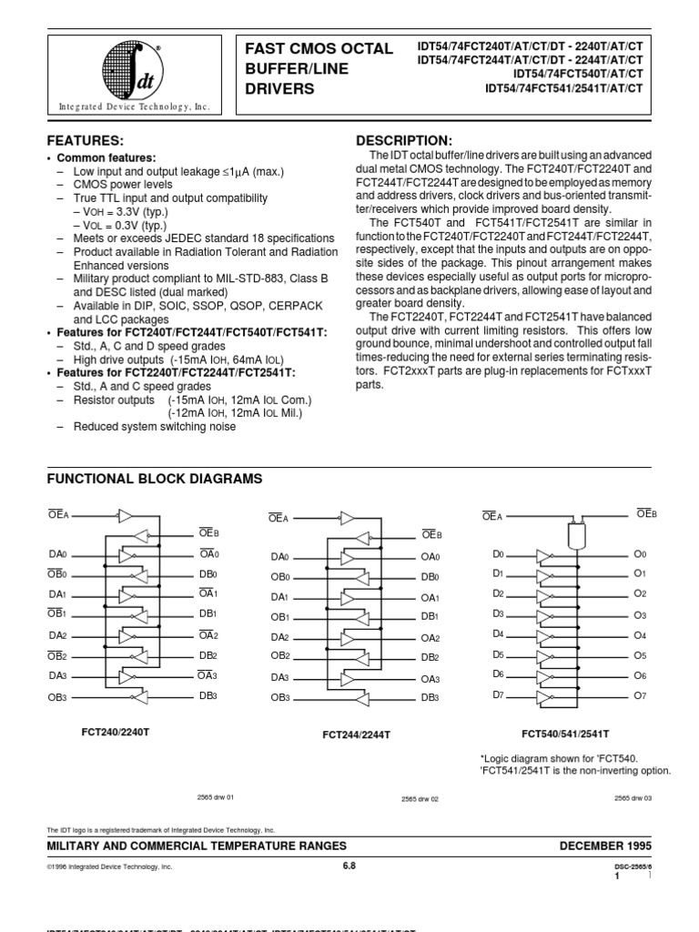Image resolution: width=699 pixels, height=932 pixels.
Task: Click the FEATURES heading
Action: [85, 141]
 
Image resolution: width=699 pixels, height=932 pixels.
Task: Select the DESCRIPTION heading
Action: [402, 140]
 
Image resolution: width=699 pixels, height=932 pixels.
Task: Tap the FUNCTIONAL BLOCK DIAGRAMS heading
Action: [154, 478]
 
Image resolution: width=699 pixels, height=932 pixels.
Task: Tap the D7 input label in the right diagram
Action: [498, 694]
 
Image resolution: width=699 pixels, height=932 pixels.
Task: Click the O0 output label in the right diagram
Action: [639, 553]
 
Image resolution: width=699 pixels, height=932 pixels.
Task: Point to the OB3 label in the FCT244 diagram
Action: [280, 697]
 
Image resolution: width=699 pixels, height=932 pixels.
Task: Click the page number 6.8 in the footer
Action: [349, 866]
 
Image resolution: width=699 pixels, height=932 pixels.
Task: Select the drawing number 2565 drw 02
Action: [420, 798]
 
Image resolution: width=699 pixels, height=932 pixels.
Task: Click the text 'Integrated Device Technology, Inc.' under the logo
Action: [135, 106]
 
